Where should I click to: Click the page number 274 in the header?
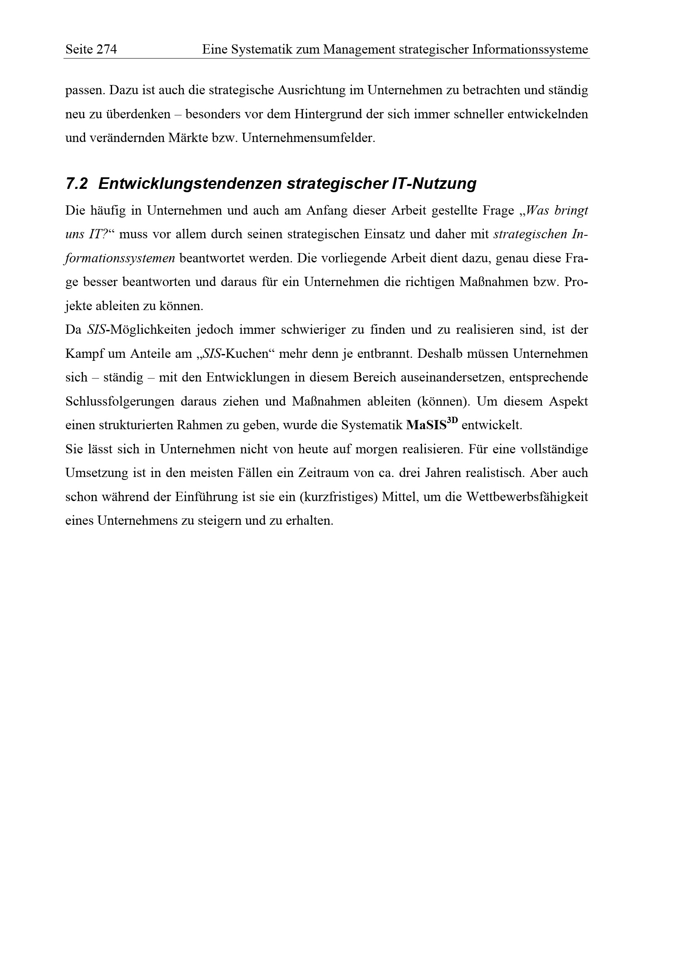tap(107, 50)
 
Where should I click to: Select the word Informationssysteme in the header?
tap(530, 50)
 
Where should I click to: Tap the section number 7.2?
tap(76, 183)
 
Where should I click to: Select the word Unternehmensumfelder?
tap(308, 138)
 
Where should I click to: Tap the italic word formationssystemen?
tap(120, 258)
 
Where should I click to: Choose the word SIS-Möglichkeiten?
tap(139, 330)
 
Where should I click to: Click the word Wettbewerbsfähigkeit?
tap(527, 497)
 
